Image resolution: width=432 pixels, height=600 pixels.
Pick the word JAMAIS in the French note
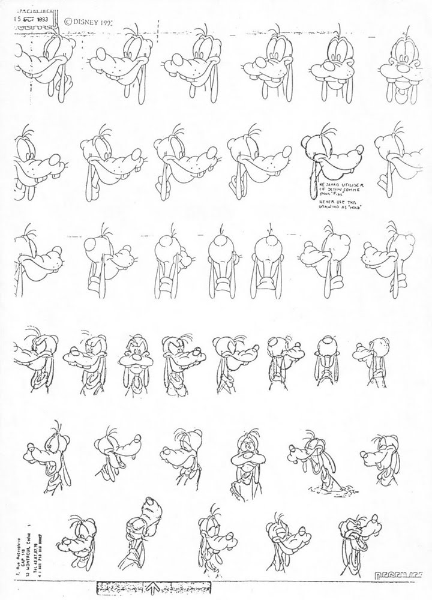(x=331, y=180)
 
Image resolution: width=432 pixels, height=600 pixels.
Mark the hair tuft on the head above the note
(x=325, y=127)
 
